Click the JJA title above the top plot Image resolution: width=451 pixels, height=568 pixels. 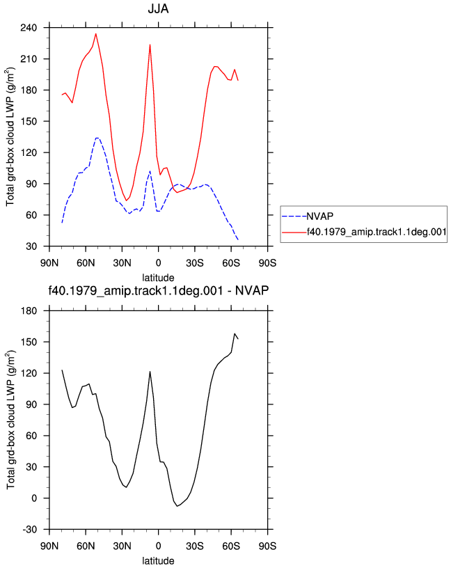(x=158, y=8)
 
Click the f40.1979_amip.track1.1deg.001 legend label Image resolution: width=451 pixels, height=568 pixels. (x=377, y=232)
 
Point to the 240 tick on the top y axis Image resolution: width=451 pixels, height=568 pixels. (x=29, y=28)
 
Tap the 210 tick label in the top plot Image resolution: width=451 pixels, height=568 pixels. (x=29, y=59)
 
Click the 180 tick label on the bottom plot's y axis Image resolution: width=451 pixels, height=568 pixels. (x=29, y=311)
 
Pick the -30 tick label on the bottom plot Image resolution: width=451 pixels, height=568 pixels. (x=29, y=530)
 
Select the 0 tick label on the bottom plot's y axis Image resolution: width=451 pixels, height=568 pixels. (x=34, y=498)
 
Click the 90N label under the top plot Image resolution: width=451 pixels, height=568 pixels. (x=49, y=263)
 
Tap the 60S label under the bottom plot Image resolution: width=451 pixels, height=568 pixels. (x=231, y=546)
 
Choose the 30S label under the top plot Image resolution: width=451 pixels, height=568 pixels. (x=195, y=263)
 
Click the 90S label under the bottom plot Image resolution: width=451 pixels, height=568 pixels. (x=267, y=546)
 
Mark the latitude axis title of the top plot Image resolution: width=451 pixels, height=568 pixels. (x=158, y=278)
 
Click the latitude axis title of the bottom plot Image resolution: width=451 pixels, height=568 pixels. (x=158, y=561)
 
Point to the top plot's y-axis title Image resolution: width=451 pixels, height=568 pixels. (x=10, y=137)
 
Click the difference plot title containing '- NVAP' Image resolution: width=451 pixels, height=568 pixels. (x=158, y=290)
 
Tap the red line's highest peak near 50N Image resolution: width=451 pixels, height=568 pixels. (x=95, y=33)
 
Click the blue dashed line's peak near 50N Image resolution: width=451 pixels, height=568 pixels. (x=97, y=138)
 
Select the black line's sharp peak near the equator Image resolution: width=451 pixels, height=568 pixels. (x=150, y=371)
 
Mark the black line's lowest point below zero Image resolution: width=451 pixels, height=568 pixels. (x=177, y=506)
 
